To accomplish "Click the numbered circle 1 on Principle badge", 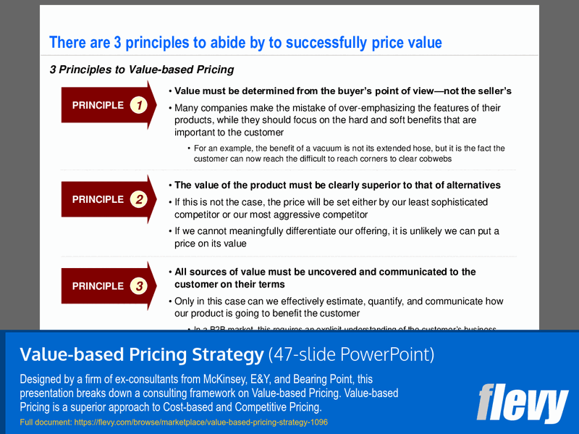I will pos(139,106).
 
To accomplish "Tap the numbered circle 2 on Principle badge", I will pos(139,200).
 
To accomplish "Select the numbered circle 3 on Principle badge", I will pos(139,287).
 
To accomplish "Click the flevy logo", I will pos(522,403).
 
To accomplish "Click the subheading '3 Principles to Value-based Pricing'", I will pos(141,70).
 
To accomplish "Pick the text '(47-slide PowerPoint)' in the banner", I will pos(351,354).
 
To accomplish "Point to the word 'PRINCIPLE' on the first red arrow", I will pos(98,106).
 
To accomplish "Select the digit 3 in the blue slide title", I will pos(118,43).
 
